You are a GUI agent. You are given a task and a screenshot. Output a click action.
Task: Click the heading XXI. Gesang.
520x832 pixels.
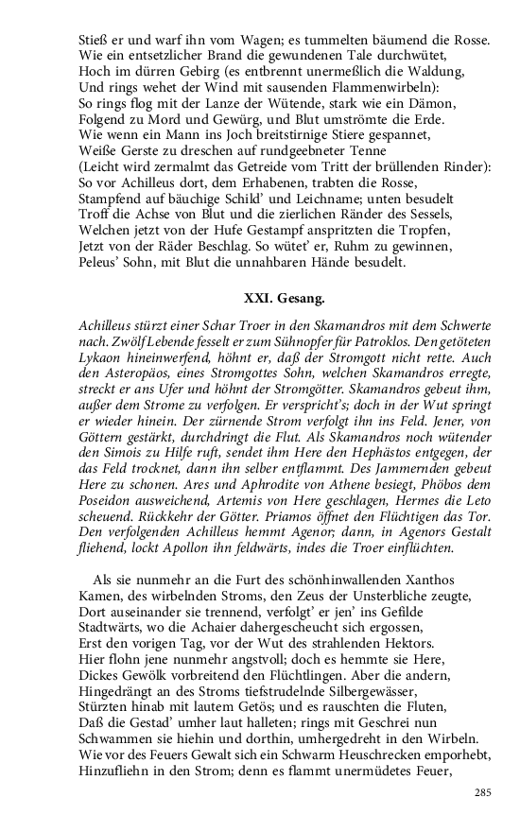pos(284,299)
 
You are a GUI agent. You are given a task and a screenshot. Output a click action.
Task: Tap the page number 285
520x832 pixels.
pos(483,791)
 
